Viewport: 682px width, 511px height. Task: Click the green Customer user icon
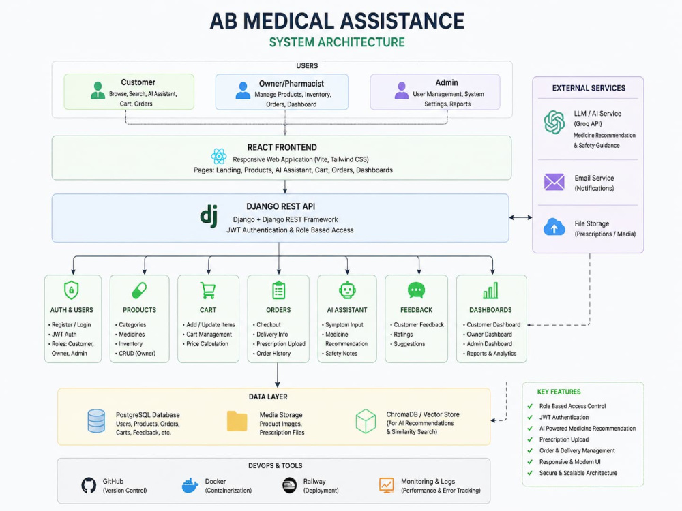coord(98,91)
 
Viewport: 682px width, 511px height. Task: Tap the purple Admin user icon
coord(402,91)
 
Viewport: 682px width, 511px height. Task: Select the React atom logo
coord(219,156)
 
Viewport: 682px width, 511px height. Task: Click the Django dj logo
coord(209,215)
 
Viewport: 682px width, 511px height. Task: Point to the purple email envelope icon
coord(554,182)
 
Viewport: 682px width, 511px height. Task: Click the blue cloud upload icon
coord(554,227)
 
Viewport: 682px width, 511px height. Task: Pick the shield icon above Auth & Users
coord(72,290)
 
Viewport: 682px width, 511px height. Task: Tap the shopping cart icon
coord(208,290)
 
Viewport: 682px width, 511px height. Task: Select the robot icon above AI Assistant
coord(347,290)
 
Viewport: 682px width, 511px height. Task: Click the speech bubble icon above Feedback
coord(416,290)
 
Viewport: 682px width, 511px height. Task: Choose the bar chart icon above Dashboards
coord(490,290)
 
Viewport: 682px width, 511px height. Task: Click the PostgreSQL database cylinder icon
coord(96,420)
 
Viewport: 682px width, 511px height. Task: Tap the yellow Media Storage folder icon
coord(237,420)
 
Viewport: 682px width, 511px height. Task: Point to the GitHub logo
coord(89,485)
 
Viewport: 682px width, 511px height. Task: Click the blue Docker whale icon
coord(190,485)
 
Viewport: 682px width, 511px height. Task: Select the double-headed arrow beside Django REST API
coord(520,217)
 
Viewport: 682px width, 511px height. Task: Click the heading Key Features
coord(559,392)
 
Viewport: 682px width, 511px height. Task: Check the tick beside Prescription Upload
coord(530,439)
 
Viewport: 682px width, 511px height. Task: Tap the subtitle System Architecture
coord(337,42)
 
